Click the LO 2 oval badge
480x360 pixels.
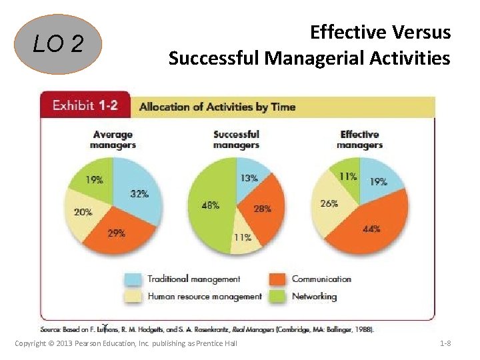[x=59, y=45]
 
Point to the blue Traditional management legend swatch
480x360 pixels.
[x=134, y=280]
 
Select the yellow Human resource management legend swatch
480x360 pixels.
[x=134, y=297]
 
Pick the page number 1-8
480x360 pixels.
[x=445, y=343]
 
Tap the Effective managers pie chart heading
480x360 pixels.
[x=359, y=139]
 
